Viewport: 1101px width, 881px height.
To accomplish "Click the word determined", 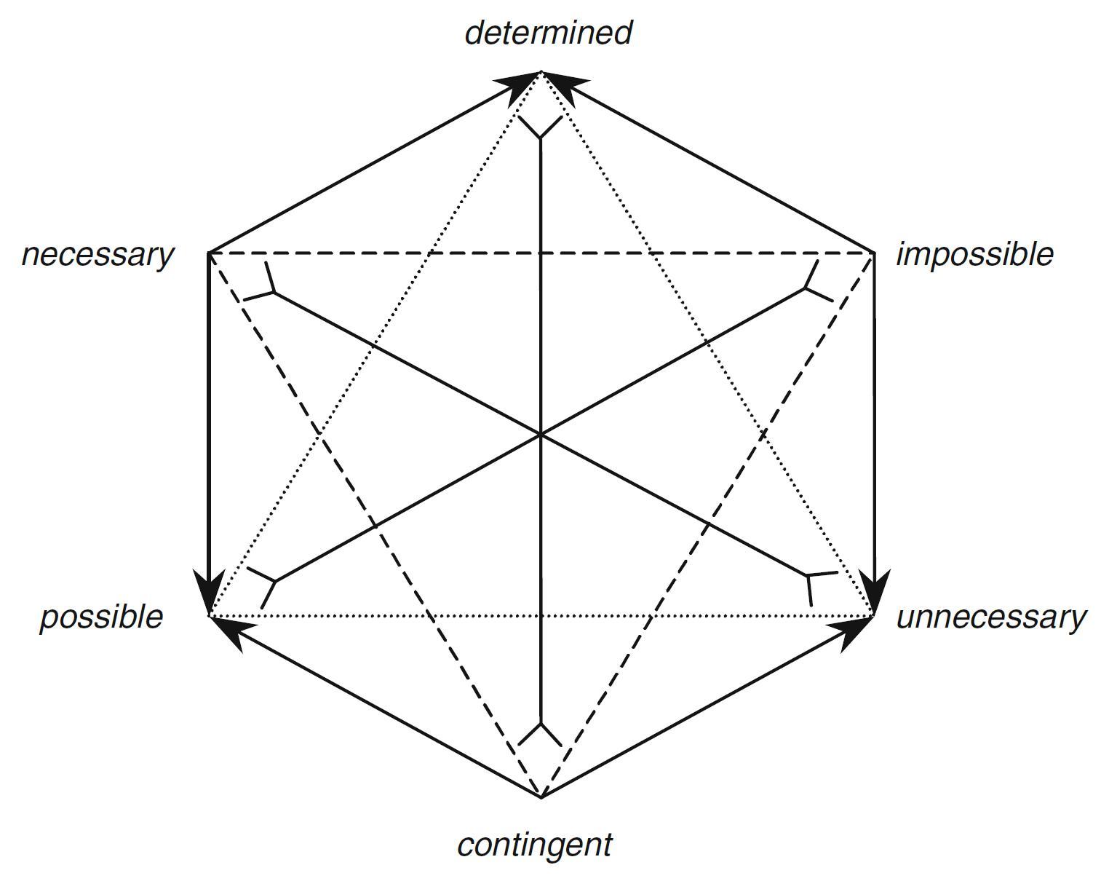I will (x=548, y=33).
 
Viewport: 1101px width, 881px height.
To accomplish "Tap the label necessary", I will (x=98, y=255).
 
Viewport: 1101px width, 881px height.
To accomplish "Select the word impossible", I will (x=974, y=255).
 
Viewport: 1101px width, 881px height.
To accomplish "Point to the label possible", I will (x=101, y=617).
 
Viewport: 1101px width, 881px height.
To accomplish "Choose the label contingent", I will (x=535, y=845).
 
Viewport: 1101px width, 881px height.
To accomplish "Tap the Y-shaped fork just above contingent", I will (x=541, y=732).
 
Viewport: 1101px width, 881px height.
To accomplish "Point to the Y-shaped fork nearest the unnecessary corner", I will (x=814, y=580).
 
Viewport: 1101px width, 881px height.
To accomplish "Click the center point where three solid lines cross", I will (x=541, y=435).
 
